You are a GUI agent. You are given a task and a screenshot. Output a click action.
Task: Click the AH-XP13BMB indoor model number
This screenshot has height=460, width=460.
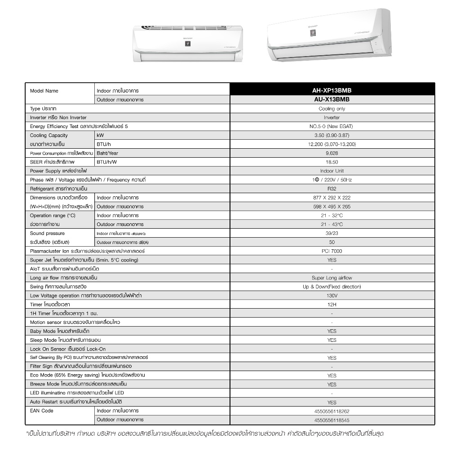(332, 90)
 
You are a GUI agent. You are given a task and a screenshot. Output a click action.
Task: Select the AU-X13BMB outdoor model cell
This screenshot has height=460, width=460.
(332, 99)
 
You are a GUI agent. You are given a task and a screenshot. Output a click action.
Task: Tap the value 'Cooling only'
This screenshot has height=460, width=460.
(332, 109)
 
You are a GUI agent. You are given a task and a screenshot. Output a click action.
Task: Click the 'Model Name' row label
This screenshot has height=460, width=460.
(44, 91)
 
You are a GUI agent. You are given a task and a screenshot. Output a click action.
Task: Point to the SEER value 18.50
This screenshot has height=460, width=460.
(332, 162)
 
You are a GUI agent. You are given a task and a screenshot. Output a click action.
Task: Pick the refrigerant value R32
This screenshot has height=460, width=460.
(332, 189)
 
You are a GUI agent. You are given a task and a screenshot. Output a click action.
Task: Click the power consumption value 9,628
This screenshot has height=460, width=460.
(332, 153)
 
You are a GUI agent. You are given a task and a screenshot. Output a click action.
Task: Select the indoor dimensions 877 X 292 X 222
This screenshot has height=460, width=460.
(332, 198)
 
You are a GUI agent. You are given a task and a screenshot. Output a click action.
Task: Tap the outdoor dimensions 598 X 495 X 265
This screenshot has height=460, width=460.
(332, 207)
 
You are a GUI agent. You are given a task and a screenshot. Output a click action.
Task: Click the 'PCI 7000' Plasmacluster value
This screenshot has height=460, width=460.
(332, 251)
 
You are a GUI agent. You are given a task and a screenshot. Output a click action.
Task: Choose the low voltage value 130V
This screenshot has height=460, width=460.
(332, 296)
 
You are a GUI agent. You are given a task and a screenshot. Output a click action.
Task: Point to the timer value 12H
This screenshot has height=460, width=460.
(332, 305)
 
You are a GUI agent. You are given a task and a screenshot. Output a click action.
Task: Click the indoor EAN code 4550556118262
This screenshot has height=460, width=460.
(332, 411)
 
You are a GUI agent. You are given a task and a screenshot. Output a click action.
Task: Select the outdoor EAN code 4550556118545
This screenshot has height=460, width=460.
(332, 420)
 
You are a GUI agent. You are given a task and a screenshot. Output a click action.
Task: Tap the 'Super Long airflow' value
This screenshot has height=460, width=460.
(332, 278)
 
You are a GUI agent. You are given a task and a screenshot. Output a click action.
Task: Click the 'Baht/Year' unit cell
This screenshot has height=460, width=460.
(107, 153)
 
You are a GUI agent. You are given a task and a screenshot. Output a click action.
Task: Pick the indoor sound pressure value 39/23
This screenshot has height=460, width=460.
(332, 234)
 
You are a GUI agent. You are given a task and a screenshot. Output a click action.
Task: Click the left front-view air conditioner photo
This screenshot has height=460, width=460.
(187, 44)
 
